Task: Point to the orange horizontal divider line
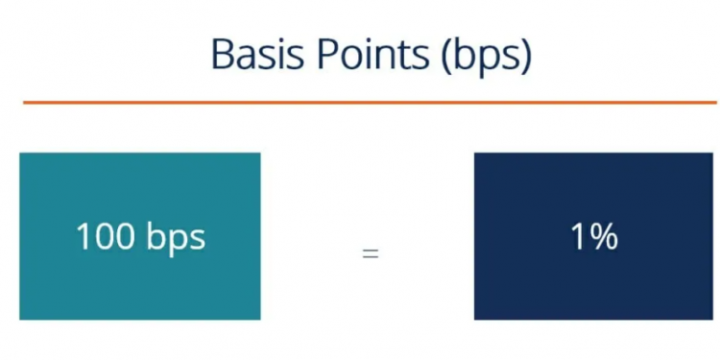point(370,102)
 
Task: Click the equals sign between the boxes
point(370,255)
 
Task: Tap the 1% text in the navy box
point(594,236)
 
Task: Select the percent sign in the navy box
point(604,236)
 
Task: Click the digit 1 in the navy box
point(579,236)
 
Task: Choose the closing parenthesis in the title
point(525,58)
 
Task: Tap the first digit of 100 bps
point(82,236)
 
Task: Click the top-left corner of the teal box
point(21,155)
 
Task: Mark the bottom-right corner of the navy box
point(714,318)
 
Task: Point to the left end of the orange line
point(24,102)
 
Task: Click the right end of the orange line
point(714,102)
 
